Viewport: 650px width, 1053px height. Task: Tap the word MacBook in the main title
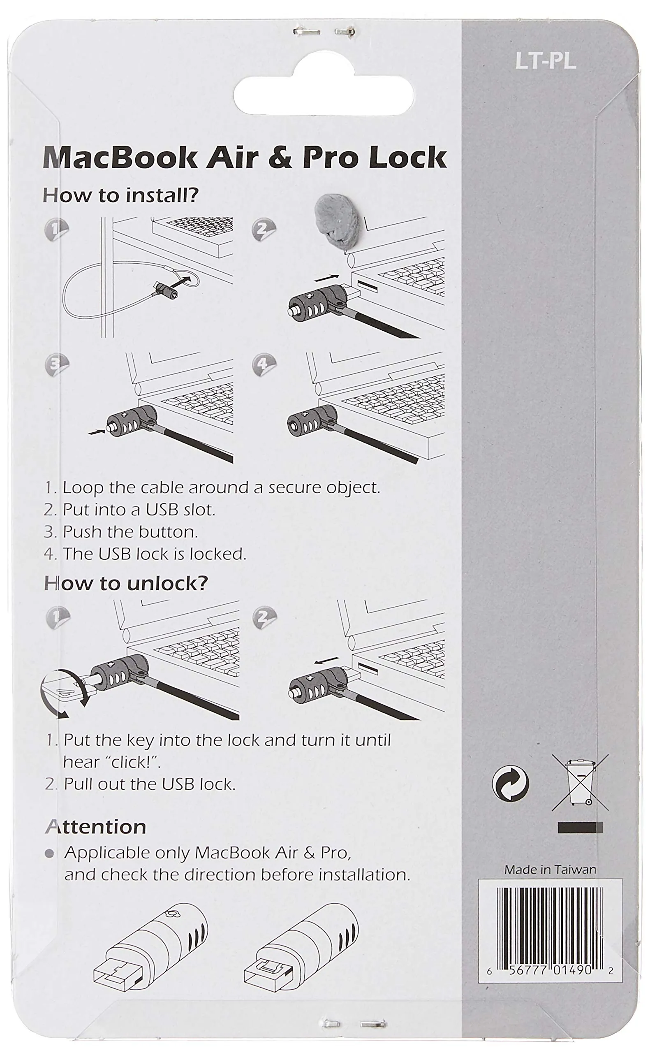point(120,158)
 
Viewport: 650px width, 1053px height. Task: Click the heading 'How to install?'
point(121,196)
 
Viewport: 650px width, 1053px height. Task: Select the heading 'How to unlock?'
point(126,584)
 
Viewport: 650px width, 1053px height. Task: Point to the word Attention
point(96,827)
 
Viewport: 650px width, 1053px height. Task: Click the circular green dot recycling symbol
point(510,784)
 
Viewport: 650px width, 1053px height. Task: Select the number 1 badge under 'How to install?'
point(56,230)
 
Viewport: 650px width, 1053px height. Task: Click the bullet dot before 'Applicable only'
point(49,854)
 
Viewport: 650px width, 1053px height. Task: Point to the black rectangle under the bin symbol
point(580,827)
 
